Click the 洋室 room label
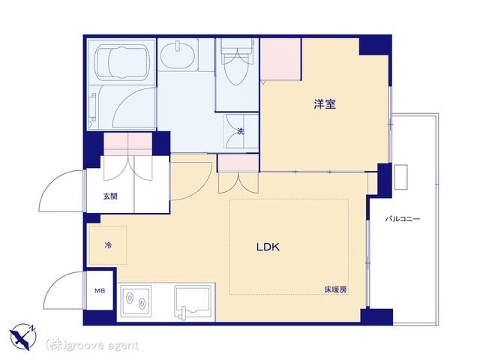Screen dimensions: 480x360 [x=325, y=104]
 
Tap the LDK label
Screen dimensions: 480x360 [x=268, y=247]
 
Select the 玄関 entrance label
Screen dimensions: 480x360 [x=110, y=196]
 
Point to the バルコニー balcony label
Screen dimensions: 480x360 [x=403, y=219]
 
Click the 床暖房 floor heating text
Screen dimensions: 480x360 [x=335, y=289]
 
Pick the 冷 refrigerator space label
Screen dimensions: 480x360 [x=108, y=245]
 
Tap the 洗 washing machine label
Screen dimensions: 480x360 [x=241, y=131]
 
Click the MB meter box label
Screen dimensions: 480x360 [x=100, y=290]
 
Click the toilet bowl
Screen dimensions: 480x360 [x=235, y=69]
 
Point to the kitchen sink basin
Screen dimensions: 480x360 [x=193, y=301]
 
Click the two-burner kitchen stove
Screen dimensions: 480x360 [x=136, y=301]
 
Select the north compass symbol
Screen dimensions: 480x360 [x=23, y=337]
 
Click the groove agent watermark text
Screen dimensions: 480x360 [x=91, y=345]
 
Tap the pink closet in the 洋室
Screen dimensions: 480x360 [x=280, y=58]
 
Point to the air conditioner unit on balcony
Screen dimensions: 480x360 [x=400, y=177]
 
